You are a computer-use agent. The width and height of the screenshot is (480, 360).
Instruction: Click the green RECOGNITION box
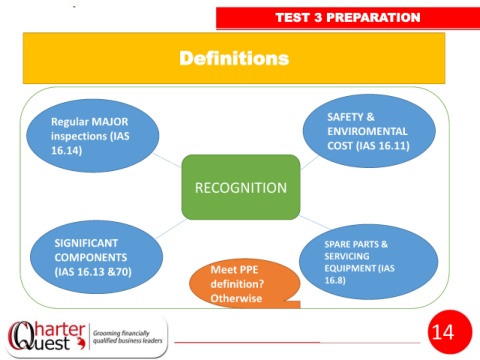pyautogui.click(x=241, y=187)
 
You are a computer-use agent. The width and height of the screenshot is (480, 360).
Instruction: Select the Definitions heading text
pyautogui.click(x=234, y=58)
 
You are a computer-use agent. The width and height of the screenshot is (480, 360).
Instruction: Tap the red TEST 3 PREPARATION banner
pyautogui.click(x=348, y=18)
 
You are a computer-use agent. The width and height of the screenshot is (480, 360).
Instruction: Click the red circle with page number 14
pyautogui.click(x=450, y=332)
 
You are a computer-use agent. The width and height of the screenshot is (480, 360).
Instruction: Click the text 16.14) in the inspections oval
pyautogui.click(x=67, y=150)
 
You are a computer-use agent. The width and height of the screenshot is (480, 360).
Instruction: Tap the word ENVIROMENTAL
pyautogui.click(x=367, y=131)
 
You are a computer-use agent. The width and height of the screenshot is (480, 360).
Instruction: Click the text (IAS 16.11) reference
pyautogui.click(x=383, y=146)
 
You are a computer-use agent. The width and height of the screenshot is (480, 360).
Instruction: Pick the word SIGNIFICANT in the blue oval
pyautogui.click(x=86, y=243)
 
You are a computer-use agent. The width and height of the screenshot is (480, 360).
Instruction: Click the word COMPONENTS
pyautogui.click(x=91, y=257)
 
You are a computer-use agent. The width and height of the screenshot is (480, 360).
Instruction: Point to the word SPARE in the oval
pyautogui.click(x=337, y=244)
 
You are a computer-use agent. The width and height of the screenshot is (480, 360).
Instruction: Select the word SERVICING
pyautogui.click(x=347, y=256)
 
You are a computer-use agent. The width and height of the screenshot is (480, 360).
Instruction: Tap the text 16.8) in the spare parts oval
pyautogui.click(x=335, y=280)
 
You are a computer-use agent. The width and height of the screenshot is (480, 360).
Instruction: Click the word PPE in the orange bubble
pyautogui.click(x=248, y=270)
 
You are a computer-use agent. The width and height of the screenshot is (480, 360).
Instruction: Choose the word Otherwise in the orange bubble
pyautogui.click(x=236, y=298)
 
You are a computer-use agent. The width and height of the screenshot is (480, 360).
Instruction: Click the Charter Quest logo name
pyautogui.click(x=46, y=336)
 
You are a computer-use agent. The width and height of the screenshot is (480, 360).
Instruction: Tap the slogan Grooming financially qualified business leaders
pyautogui.click(x=128, y=337)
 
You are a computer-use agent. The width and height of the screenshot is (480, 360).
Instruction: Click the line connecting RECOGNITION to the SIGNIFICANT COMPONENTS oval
pyautogui.click(x=171, y=229)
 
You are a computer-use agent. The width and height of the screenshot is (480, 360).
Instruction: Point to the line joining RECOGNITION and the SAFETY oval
pyautogui.click(x=309, y=163)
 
